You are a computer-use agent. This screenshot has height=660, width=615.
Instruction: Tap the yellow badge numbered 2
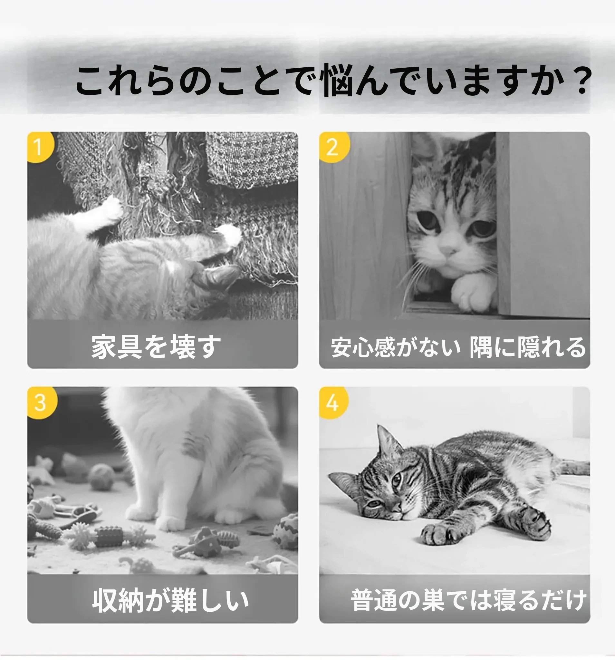333,147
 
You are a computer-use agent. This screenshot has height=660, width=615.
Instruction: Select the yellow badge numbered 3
42,402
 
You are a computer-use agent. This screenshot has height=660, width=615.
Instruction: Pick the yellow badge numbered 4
333,402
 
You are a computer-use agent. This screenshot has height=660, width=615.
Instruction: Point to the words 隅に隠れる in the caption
528,347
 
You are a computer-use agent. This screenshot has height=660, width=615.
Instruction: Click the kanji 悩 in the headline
338,80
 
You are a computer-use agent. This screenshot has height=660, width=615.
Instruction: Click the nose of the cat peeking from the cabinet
448,250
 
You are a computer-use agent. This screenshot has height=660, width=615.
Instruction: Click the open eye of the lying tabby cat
396,480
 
